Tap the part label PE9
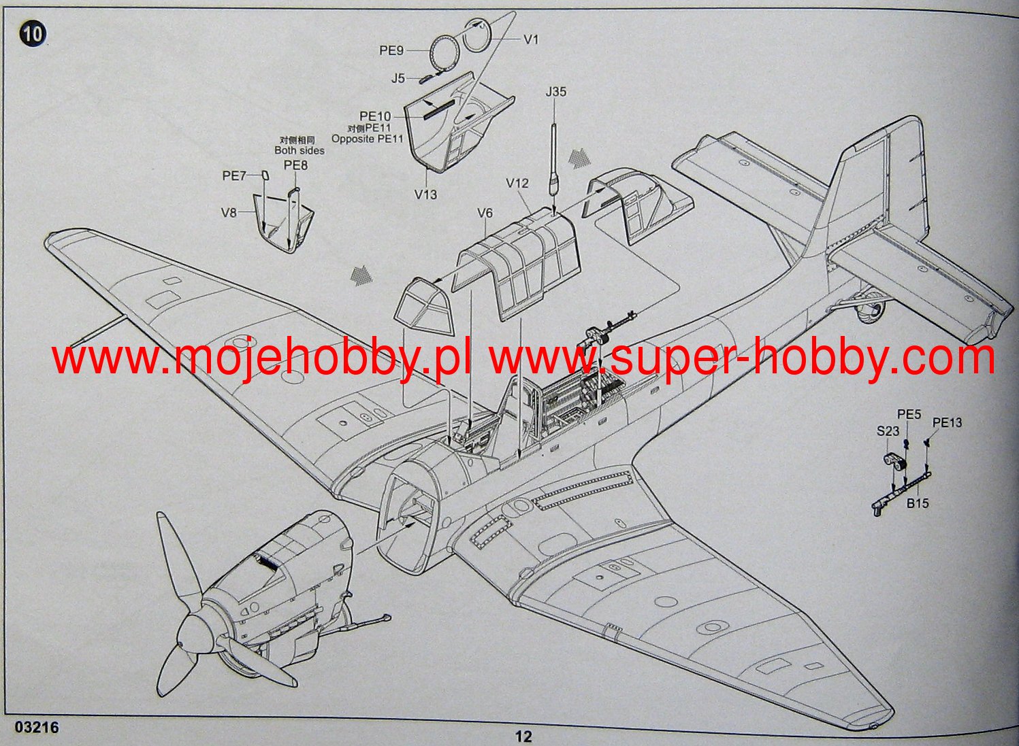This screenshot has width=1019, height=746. point(391,50)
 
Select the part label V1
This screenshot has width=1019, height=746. point(531,39)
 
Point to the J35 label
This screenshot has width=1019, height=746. point(555,91)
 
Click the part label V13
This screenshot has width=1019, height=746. point(425,194)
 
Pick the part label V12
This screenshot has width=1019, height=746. point(517,183)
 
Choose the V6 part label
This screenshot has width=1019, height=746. point(484,214)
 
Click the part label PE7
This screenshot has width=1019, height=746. point(233,176)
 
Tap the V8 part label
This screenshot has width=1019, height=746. point(229,213)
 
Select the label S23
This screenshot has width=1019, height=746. point(888,430)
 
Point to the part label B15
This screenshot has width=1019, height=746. point(917,504)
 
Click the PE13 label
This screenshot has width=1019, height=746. point(947,423)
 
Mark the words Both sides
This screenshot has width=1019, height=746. point(300,150)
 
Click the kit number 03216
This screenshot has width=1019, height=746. point(36,728)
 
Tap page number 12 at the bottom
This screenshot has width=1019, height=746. point(523,736)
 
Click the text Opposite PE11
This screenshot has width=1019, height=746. point(367,139)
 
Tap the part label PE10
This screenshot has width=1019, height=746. point(375,116)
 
